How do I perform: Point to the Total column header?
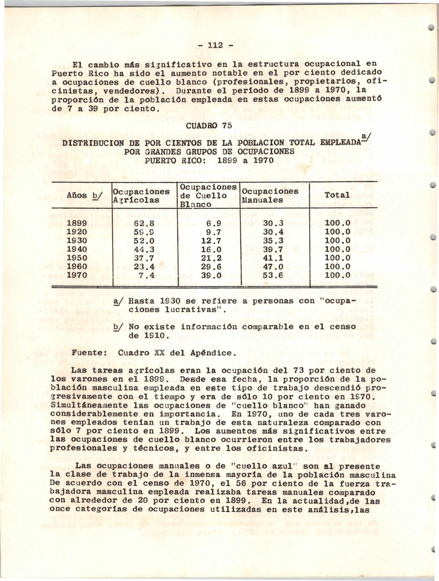tap(337, 195)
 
